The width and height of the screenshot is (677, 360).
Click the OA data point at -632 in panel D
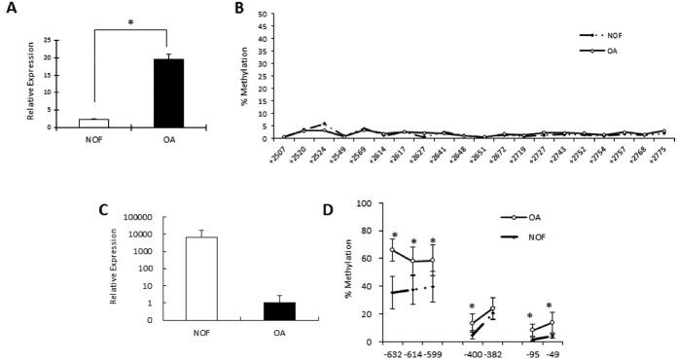pyautogui.click(x=393, y=250)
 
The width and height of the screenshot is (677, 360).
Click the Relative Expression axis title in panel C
pyautogui.click(x=114, y=268)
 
